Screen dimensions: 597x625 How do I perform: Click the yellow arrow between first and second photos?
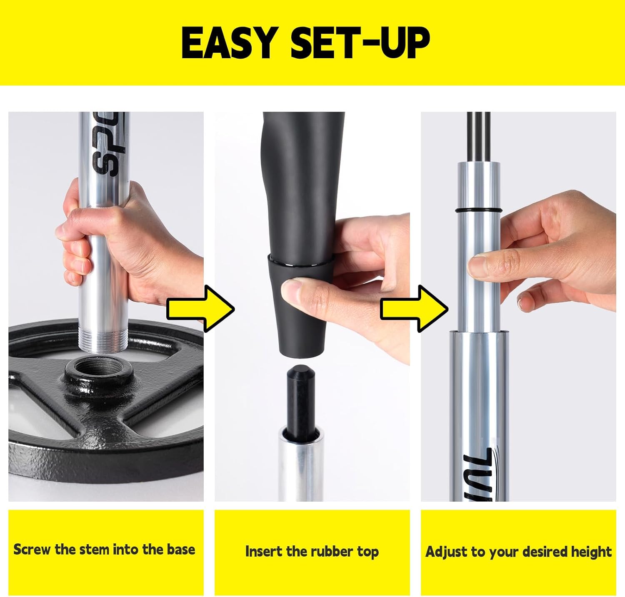click(x=200, y=309)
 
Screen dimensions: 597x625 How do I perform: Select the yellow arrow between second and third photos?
click(x=414, y=309)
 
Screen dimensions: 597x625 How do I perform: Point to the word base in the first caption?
click(x=181, y=549)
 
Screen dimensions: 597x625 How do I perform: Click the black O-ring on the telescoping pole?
click(x=479, y=211)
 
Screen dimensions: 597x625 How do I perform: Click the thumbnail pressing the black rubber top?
click(x=292, y=289)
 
